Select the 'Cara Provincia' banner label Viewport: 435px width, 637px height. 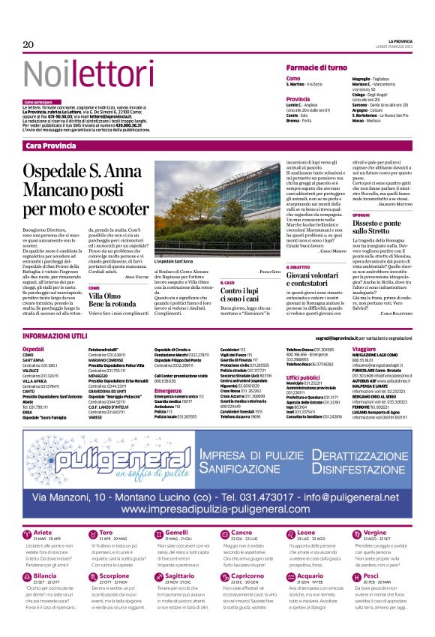click(50, 144)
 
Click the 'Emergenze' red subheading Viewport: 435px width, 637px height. click(168, 391)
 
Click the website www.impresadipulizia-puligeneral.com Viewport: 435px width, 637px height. click(218, 488)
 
